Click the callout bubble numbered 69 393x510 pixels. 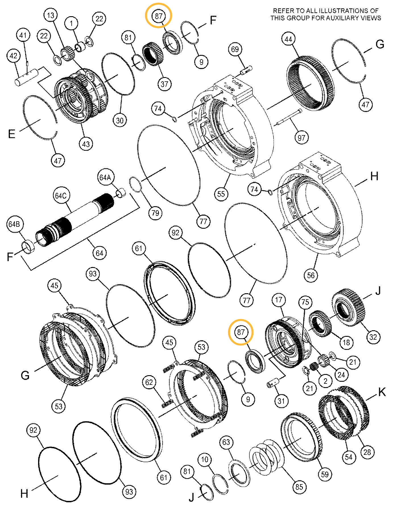click(x=235, y=49)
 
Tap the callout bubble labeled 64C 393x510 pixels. click(x=61, y=196)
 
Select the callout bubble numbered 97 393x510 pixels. click(x=301, y=138)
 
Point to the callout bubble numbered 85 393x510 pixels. click(x=299, y=487)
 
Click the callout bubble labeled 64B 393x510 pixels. click(x=14, y=224)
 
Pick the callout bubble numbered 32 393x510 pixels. click(x=373, y=337)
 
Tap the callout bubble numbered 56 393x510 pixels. click(x=311, y=275)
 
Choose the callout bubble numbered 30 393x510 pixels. click(x=120, y=120)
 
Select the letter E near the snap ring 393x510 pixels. click(x=11, y=134)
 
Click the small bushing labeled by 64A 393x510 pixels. click(x=121, y=193)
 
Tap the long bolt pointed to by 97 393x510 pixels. click(x=289, y=117)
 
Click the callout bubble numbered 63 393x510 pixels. click(x=226, y=442)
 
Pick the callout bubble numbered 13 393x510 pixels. click(x=51, y=15)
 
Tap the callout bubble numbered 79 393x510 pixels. click(x=155, y=213)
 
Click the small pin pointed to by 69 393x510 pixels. click(x=247, y=69)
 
